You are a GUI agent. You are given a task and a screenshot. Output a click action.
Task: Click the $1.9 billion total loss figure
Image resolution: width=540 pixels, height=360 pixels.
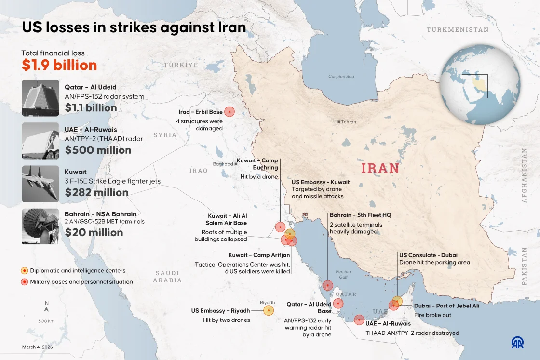[59, 65]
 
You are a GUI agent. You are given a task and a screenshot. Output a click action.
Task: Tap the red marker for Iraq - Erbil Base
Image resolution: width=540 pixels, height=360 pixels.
[229, 112]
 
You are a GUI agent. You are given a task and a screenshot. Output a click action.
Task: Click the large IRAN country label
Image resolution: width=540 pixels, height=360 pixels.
[380, 168]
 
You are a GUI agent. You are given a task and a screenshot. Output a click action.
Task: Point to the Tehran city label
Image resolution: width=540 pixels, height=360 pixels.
[348, 122]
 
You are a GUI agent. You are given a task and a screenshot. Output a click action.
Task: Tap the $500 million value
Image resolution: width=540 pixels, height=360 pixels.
[98, 150]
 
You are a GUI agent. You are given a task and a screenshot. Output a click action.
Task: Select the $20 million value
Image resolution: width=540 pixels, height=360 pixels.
[94, 232]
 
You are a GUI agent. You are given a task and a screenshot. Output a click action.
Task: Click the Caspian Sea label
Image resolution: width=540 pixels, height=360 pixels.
[341, 76]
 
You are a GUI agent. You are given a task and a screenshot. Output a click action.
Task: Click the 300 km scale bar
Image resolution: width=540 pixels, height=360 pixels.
[46, 317]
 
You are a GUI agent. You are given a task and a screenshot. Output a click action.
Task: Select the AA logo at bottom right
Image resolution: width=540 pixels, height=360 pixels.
[518, 342]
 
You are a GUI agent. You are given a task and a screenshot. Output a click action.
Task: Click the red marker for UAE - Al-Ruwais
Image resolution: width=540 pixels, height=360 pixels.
[359, 320]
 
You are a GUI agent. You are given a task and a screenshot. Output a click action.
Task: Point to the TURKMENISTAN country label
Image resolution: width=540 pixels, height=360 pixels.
[457, 30]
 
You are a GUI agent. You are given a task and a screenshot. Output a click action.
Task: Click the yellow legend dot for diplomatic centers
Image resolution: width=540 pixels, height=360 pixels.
[24, 271]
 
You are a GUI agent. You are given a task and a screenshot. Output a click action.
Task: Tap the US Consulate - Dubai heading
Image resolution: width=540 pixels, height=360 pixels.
[428, 255]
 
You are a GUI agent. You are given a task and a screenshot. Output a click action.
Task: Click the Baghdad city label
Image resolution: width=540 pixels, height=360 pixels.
[223, 164]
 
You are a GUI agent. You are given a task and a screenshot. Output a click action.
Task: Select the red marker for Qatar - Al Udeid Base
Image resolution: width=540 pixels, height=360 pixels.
[338, 303]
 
